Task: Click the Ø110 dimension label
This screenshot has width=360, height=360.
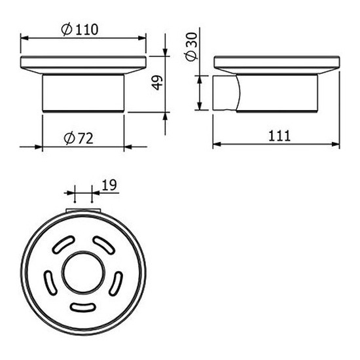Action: tap(80, 29)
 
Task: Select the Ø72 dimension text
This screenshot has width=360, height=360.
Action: tap(79, 139)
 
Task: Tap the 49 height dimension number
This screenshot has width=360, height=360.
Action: tap(157, 82)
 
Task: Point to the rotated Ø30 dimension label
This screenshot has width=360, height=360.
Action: tap(191, 47)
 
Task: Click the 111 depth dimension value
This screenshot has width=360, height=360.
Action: tap(279, 135)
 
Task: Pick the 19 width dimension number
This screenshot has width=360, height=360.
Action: tap(109, 185)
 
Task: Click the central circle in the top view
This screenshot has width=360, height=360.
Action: tap(83, 273)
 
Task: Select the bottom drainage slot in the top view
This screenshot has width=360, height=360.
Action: tap(82, 308)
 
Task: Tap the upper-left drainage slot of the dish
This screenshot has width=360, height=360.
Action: tap(63, 244)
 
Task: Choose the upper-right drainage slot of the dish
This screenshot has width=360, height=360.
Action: tap(103, 245)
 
